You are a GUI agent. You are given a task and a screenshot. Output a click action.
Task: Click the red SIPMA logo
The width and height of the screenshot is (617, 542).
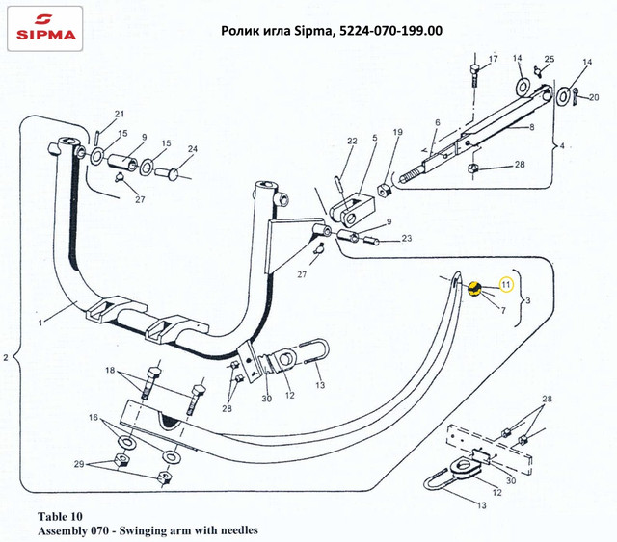click(44, 29)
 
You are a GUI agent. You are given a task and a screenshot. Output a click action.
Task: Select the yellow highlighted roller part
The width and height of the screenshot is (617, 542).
click(473, 287)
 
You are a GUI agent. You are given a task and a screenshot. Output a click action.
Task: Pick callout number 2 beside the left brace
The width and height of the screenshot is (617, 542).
click(8, 359)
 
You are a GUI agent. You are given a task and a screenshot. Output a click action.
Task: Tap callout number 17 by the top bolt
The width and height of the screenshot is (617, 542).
click(492, 60)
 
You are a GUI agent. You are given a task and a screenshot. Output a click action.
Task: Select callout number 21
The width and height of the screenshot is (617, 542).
click(120, 114)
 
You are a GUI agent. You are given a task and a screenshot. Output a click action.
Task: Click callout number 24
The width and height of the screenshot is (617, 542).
click(192, 148)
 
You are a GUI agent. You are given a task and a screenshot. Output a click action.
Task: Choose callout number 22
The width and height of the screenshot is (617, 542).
click(325, 142)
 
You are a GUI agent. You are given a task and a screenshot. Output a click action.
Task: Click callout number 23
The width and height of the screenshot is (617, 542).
click(407, 238)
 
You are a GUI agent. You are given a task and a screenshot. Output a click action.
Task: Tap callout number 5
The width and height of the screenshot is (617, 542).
click(375, 139)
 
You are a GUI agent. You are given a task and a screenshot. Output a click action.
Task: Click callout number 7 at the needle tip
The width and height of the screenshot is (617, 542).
click(502, 309)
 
